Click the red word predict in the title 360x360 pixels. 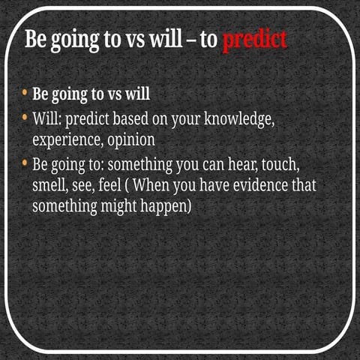(254, 40)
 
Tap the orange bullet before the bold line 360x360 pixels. (25, 94)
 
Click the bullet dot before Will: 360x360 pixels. (25, 118)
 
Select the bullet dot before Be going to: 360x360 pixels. (25, 161)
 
